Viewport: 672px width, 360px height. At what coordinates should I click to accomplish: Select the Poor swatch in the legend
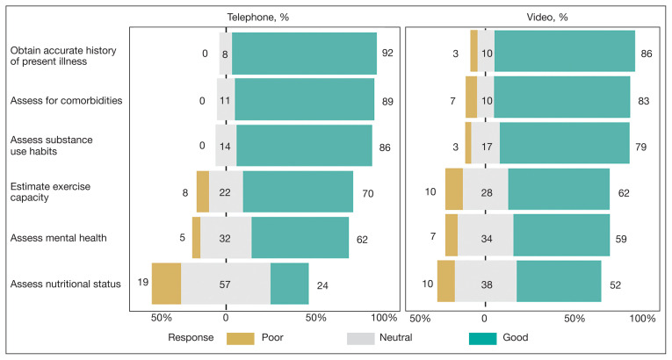[240, 337]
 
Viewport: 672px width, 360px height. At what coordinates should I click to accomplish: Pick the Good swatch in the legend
[484, 337]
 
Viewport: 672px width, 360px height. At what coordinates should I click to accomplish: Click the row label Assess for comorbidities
[66, 100]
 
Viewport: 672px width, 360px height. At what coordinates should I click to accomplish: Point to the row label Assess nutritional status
[66, 283]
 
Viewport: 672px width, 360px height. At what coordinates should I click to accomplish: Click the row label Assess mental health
[58, 237]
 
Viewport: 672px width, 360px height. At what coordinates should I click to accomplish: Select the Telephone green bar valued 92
[304, 54]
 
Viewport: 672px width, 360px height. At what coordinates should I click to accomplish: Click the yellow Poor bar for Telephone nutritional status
[166, 283]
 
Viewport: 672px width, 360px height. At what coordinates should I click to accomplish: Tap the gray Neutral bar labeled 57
[226, 283]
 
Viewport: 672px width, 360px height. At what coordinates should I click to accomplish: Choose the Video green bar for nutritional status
[559, 281]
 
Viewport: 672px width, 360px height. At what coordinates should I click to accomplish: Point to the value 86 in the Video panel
[646, 54]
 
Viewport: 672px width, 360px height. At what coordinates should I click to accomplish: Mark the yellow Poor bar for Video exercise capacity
[453, 189]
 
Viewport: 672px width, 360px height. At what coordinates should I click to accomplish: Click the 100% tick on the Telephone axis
[384, 317]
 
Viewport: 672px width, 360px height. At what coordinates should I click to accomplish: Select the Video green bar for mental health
[561, 235]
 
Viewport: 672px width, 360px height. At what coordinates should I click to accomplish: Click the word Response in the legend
[189, 337]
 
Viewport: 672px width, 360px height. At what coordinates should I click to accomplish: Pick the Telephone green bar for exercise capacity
[298, 191]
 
